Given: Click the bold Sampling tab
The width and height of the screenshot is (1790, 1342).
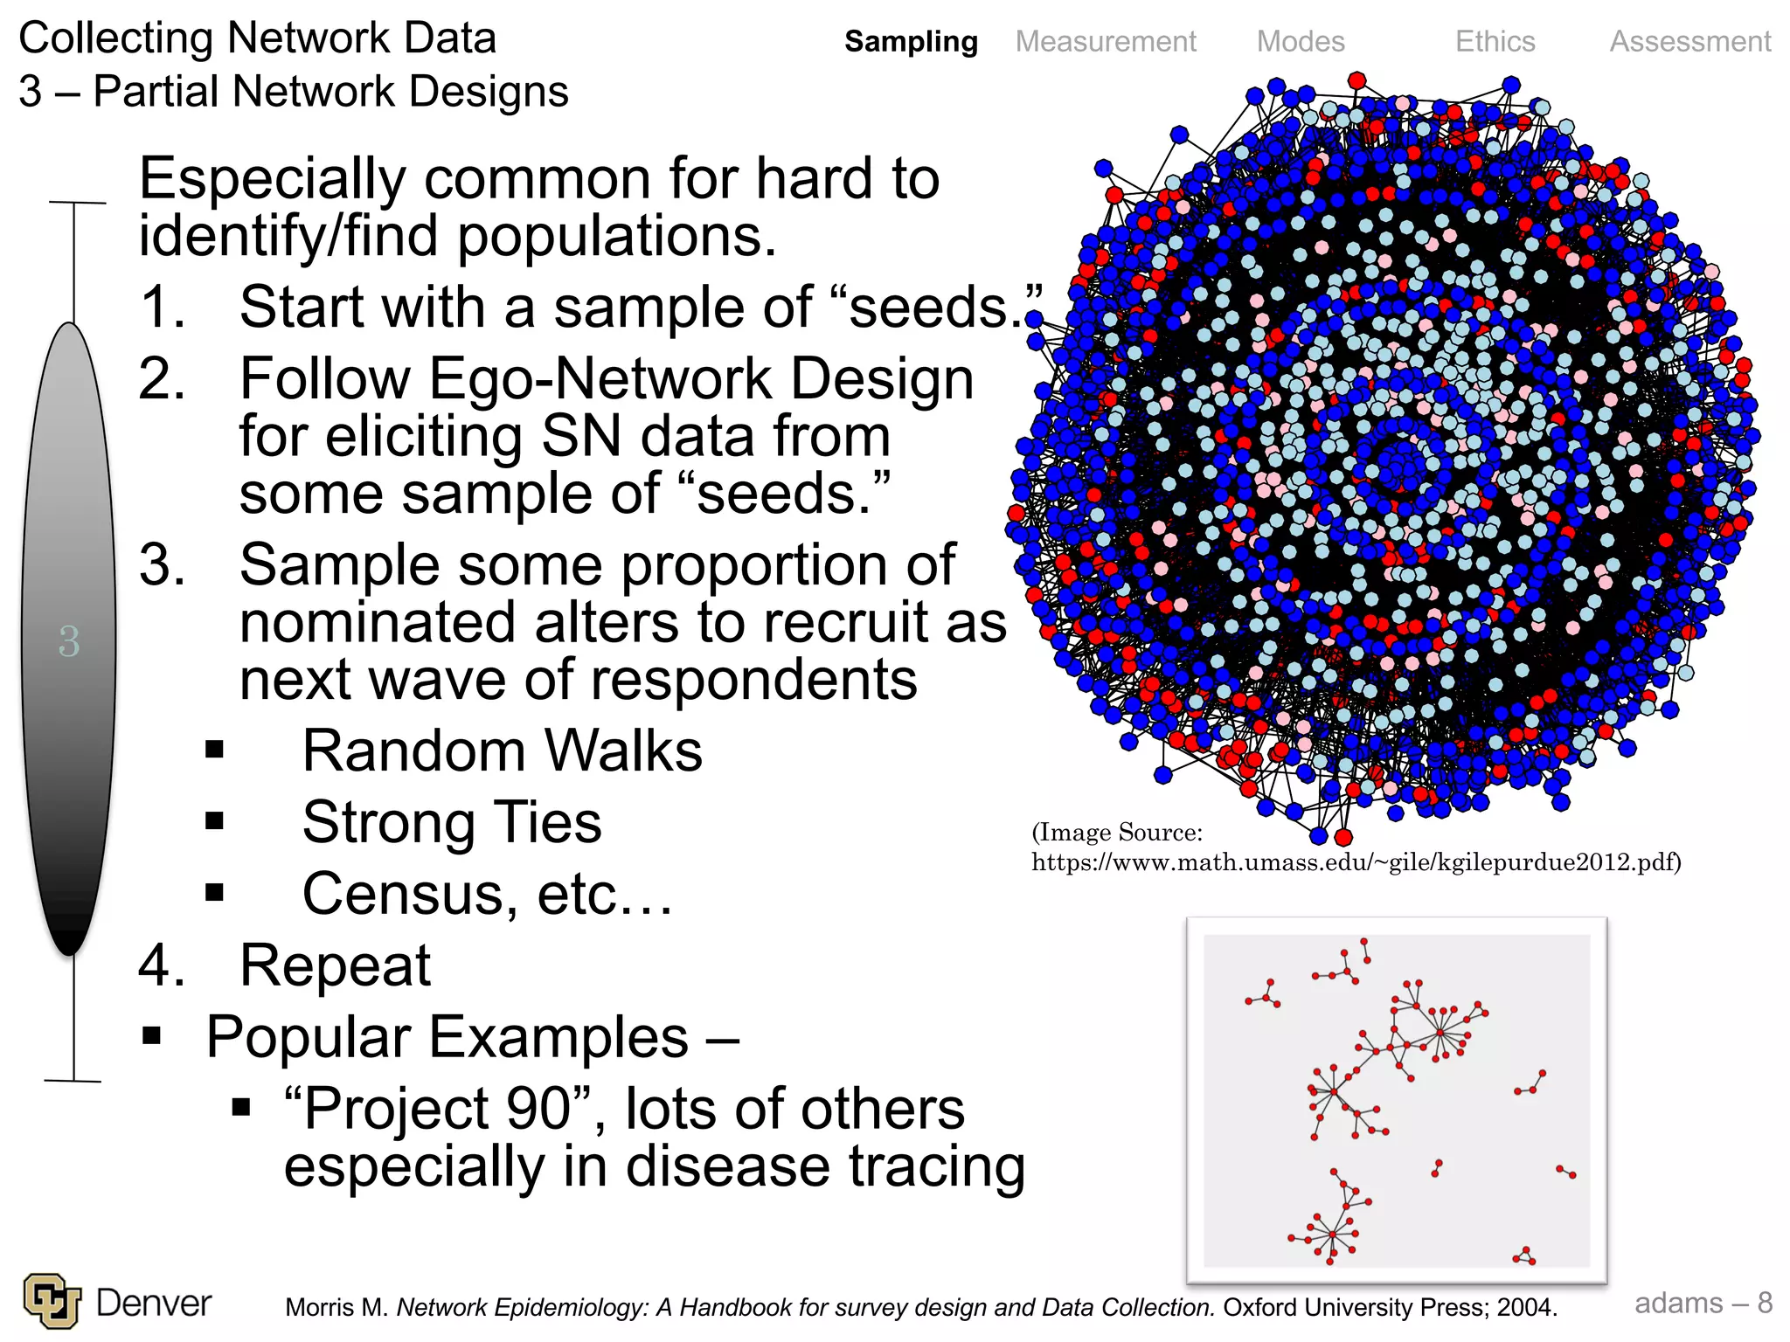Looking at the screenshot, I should [x=911, y=41].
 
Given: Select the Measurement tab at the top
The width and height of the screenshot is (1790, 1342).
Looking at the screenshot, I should [x=1106, y=41].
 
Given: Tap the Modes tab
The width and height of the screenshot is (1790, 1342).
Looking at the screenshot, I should [x=1301, y=41].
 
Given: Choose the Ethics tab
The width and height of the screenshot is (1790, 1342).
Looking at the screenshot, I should [x=1495, y=41].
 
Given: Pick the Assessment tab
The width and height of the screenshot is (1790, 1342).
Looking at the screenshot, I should [x=1690, y=41].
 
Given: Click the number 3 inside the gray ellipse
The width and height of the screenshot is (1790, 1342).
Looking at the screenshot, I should [x=69, y=641].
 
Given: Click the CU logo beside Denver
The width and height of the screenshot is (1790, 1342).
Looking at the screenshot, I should [x=52, y=1300].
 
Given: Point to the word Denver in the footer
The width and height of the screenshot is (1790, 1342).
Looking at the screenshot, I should [x=154, y=1303].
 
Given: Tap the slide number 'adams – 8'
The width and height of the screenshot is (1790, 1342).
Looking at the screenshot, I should [x=1703, y=1303].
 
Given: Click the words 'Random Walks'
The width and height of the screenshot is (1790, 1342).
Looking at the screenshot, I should [x=502, y=751].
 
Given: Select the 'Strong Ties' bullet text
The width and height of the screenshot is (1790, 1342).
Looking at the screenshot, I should [x=452, y=822].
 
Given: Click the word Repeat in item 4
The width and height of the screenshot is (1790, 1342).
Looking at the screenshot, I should [x=335, y=965].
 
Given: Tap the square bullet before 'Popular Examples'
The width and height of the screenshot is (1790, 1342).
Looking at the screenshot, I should [x=152, y=1036].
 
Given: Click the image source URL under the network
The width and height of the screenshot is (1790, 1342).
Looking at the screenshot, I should [x=1356, y=862].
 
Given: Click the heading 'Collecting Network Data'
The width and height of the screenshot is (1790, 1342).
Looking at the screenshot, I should [x=258, y=38].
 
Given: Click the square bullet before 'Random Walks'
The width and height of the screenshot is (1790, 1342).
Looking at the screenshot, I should [x=215, y=750].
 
